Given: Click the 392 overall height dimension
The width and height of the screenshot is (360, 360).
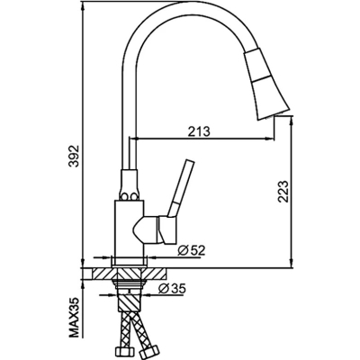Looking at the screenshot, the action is [74, 157].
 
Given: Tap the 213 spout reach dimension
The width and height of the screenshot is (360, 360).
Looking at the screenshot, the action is [199, 131].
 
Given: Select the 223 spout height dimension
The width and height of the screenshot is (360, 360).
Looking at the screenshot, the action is [283, 192].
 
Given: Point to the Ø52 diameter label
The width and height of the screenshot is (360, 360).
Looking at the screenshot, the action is [191, 250].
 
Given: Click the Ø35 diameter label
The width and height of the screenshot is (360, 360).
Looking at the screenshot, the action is [172, 289].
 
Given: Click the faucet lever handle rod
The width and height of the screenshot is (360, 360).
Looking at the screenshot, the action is [182, 187].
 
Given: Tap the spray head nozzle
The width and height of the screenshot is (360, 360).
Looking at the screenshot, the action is [265, 83].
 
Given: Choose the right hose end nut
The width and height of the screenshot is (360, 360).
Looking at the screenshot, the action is [148, 350].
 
